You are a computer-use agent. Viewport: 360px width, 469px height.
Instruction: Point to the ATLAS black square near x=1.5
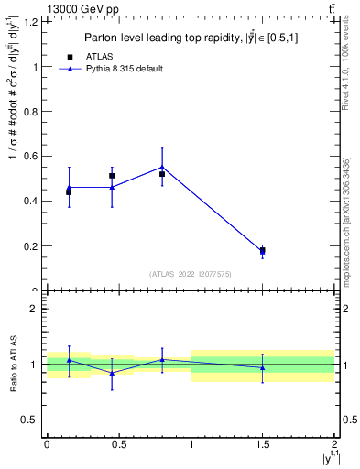263,250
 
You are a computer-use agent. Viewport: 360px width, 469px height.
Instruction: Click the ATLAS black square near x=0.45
112,176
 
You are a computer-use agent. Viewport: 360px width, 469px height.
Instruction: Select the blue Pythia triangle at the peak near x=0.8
162,167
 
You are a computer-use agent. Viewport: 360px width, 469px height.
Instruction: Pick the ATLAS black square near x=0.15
69,191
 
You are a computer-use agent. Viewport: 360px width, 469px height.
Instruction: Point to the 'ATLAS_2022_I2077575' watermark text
191,274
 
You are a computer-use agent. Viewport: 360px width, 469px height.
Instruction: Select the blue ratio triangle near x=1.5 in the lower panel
263,368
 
